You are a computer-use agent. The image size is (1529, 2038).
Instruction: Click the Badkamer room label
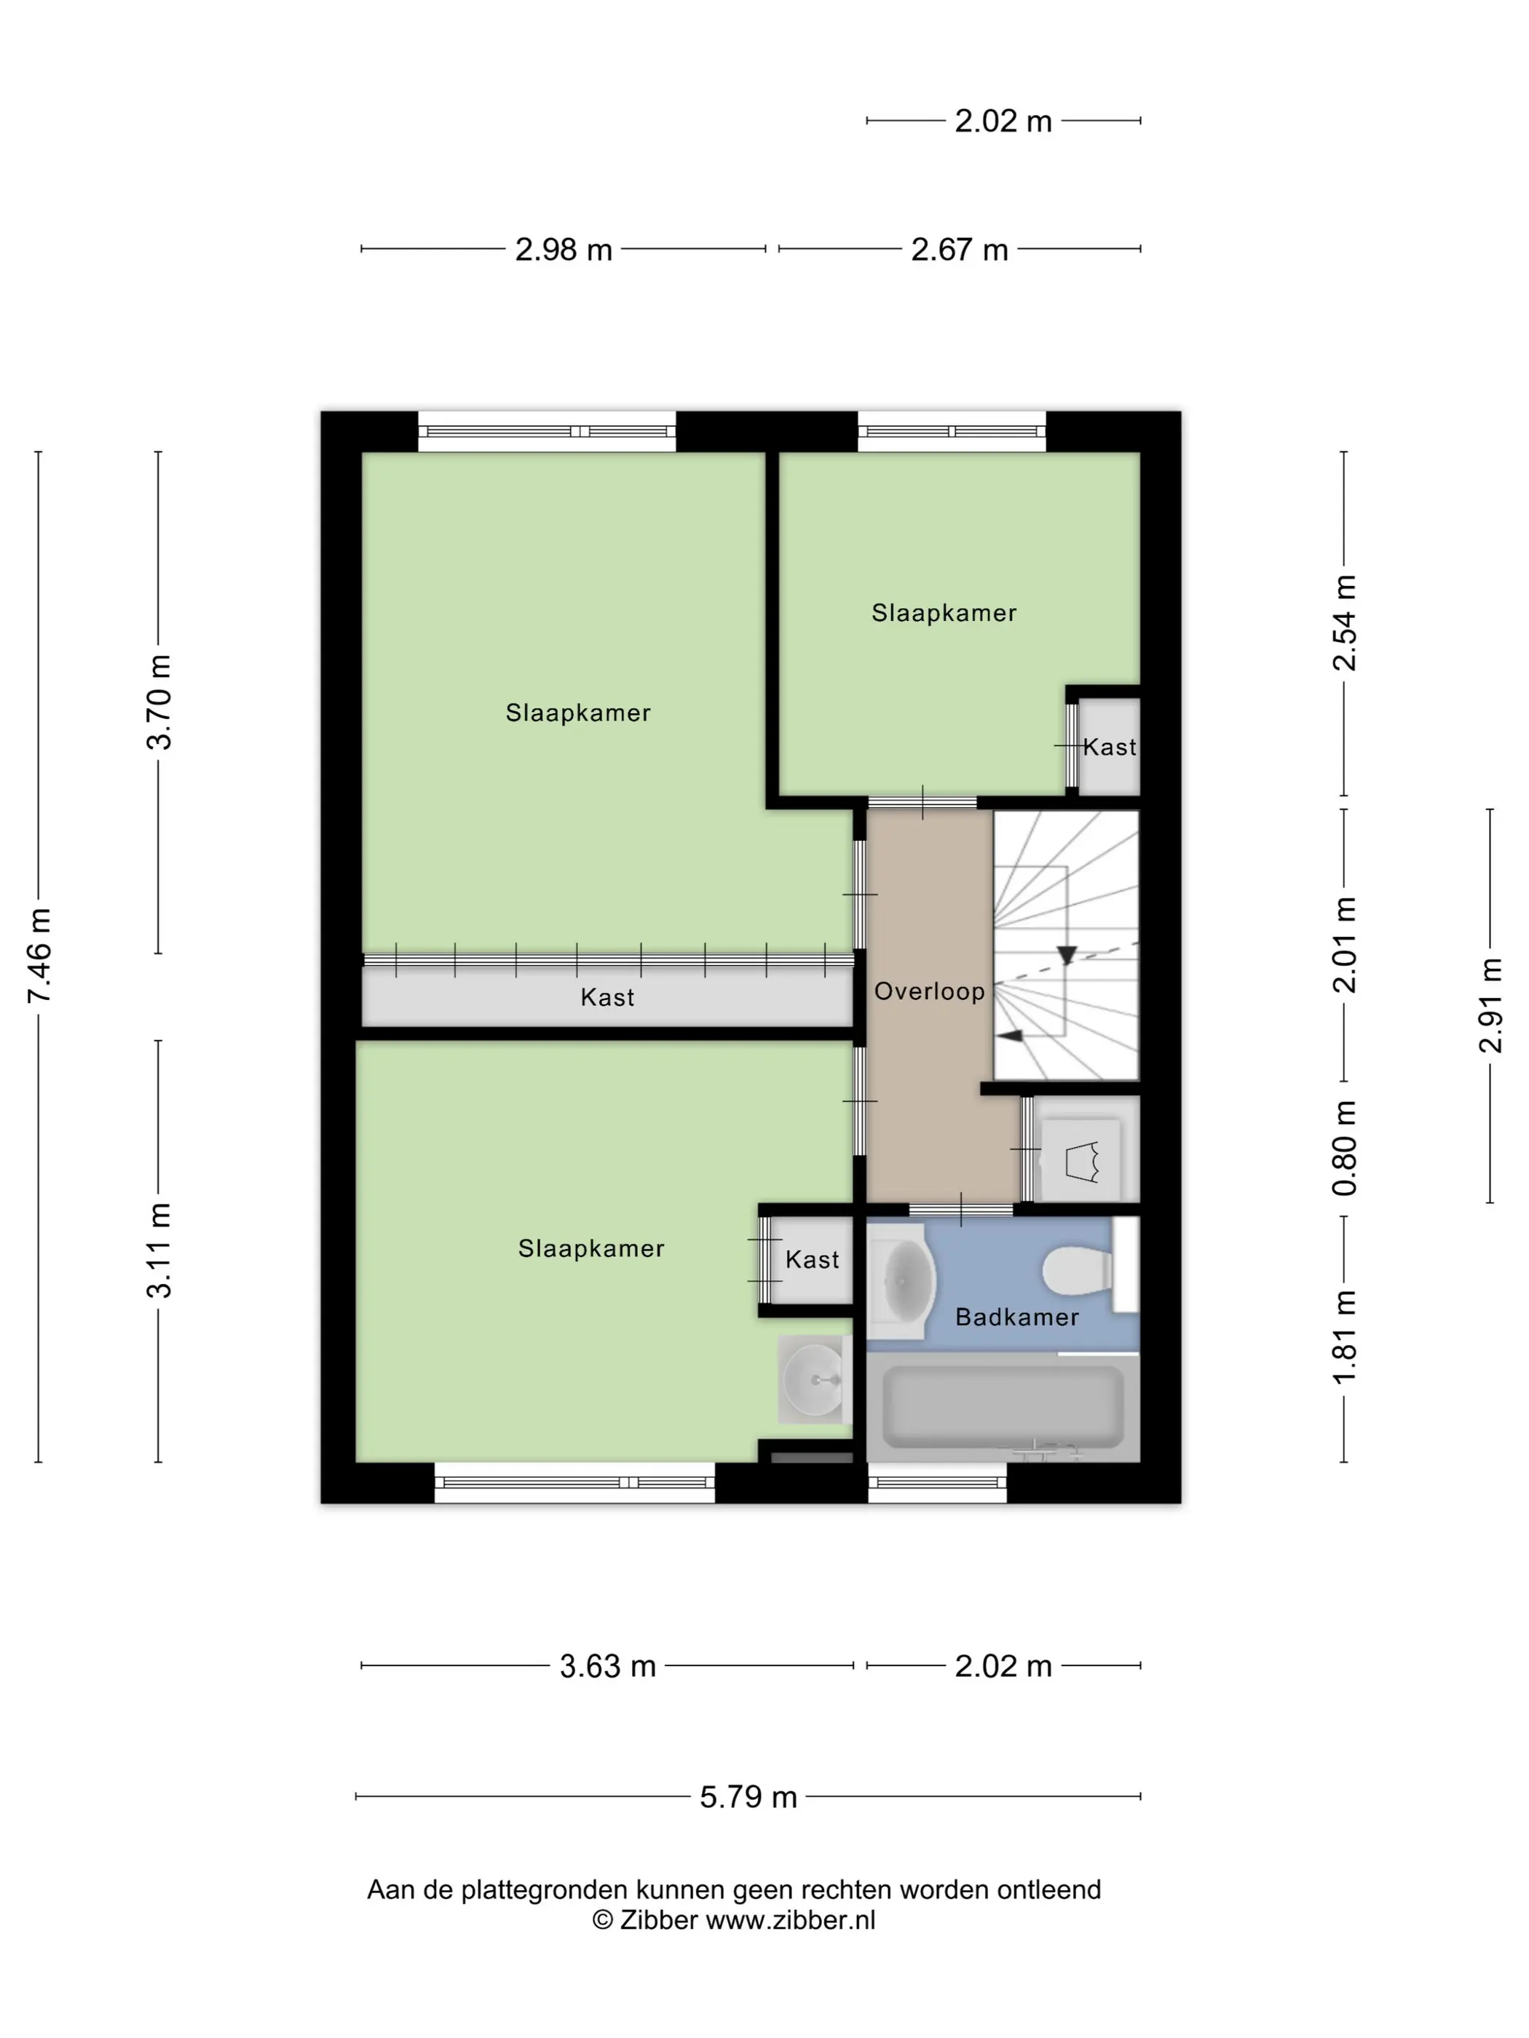pos(1016,1317)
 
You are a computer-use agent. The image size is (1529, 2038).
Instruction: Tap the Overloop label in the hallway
pos(929,991)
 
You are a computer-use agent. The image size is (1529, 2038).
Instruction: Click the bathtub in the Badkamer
pos(1003,1406)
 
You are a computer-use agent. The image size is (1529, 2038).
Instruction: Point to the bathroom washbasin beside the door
pos(901,1280)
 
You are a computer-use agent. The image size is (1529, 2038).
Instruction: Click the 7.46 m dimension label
pos(39,956)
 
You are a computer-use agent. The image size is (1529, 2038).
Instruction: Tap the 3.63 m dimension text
pos(607,1666)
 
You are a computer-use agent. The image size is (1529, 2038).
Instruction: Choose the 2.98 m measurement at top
pos(563,250)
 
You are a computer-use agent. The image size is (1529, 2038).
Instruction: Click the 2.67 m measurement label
pos(960,250)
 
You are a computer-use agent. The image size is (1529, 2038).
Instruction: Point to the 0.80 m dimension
pos(1345,1148)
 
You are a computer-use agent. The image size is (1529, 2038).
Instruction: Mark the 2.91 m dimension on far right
pos(1490,1005)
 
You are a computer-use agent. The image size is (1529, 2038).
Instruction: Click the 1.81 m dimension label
pos(1345,1337)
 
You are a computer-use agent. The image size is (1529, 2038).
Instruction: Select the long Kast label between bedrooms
pos(607,997)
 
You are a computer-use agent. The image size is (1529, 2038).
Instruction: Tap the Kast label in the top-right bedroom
pos(1110,748)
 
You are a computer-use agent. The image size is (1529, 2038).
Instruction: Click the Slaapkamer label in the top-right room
pos(944,613)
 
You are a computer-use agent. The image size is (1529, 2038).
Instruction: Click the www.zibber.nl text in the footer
pos(791,1920)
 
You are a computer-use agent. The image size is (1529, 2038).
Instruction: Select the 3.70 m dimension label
pos(159,702)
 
